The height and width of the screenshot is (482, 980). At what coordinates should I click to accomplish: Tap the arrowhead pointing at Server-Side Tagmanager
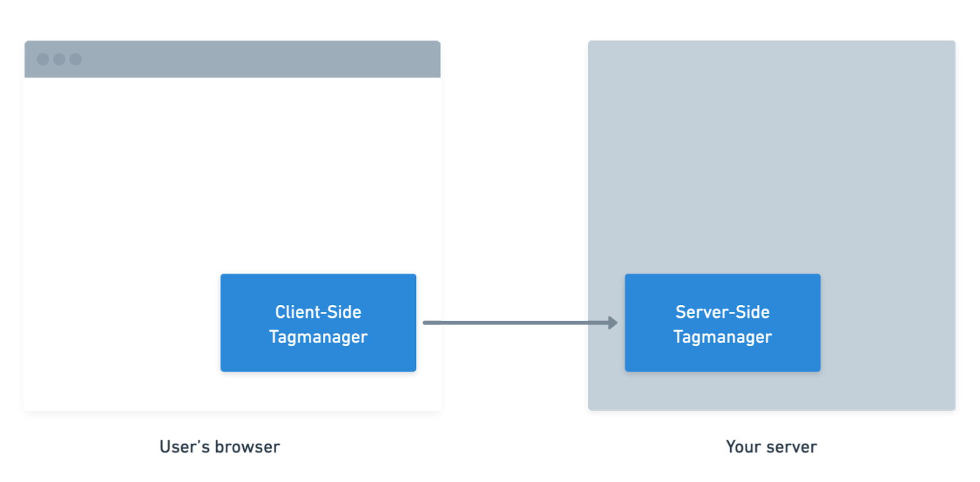pos(612,323)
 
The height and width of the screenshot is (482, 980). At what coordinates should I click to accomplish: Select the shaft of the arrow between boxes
pos(514,323)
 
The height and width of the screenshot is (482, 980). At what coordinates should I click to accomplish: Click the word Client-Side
pos(318,312)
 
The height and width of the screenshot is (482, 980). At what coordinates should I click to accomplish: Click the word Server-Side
pos(722,312)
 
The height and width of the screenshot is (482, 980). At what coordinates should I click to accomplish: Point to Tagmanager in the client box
pos(318,337)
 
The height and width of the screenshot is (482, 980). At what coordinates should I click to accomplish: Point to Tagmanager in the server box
pos(722,337)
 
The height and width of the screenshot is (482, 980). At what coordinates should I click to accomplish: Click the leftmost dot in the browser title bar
pos(43,59)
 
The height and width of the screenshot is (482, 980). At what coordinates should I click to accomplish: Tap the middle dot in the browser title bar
pos(59,59)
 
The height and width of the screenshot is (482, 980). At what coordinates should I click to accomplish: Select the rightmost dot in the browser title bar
pos(75,59)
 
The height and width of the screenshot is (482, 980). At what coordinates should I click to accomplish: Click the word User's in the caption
pos(184,447)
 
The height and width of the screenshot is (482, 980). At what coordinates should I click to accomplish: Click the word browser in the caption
pos(247,447)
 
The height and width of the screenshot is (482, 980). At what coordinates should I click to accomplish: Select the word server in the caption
pos(792,447)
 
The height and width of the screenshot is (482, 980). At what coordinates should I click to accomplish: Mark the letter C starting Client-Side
pos(280,312)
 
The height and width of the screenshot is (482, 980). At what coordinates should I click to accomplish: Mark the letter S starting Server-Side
pos(680,312)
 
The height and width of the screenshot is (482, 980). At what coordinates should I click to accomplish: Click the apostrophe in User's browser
pos(199,442)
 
